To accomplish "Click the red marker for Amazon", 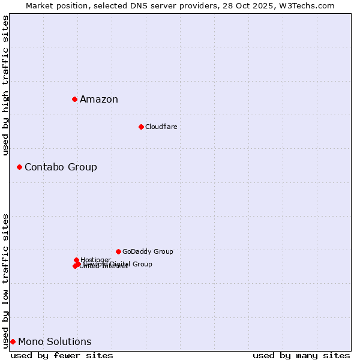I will coord(74,99).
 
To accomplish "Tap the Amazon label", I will coord(99,100).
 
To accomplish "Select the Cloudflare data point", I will coord(141,127).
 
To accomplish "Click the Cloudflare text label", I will coord(161,127).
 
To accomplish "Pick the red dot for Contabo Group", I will coord(19,167).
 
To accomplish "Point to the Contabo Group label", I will coord(61,167).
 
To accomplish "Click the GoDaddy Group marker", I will coord(118,251).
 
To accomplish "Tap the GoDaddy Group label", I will coord(148,252).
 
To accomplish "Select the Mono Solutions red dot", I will coord(13,341).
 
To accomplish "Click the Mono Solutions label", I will coord(55,342).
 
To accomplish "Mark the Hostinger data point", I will coord(76,260).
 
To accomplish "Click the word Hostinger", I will coord(95,260).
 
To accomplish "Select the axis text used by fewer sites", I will coord(62,355).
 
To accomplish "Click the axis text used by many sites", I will coord(301,355).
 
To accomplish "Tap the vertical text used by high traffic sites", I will coord(5,85).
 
